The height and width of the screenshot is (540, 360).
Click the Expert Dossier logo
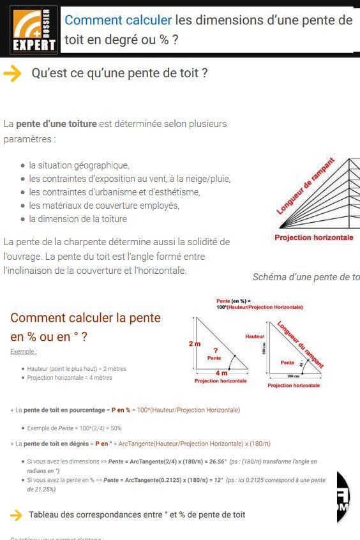(x=33, y=29)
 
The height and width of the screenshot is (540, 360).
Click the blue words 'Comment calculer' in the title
(x=118, y=20)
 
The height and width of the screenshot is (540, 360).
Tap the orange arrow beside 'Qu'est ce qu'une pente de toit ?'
(x=12, y=73)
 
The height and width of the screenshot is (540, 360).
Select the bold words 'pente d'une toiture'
(x=56, y=123)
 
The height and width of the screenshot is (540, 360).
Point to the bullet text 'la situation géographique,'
(x=79, y=165)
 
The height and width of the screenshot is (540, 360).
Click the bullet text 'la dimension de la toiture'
(x=78, y=218)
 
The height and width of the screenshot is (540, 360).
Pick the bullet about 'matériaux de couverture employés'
(x=104, y=205)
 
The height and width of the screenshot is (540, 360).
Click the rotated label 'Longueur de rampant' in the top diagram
(x=306, y=186)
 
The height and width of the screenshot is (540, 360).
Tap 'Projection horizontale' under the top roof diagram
(x=313, y=237)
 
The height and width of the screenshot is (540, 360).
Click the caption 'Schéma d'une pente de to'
(x=306, y=277)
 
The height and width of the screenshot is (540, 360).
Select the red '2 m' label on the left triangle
(x=195, y=344)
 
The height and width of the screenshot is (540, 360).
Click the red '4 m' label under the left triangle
(x=221, y=373)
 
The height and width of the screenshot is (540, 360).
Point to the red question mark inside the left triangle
(x=216, y=350)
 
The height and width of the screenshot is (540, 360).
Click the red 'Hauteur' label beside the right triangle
(x=254, y=336)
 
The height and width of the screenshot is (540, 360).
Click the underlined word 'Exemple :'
(x=24, y=352)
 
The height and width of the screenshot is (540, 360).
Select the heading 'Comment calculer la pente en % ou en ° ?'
(x=86, y=327)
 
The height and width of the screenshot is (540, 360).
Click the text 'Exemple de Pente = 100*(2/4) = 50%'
(x=74, y=428)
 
